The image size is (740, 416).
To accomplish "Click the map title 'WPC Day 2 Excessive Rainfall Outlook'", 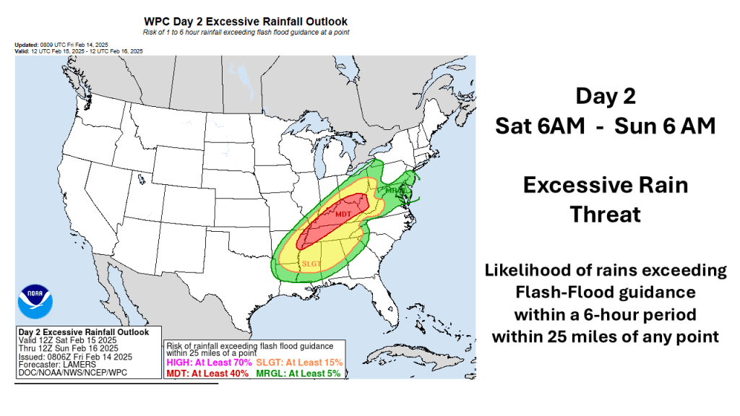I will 246,22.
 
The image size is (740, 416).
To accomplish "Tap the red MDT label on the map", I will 343,214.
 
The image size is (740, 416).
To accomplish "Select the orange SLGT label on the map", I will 311,263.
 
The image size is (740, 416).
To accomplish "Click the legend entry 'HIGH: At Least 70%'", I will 208,362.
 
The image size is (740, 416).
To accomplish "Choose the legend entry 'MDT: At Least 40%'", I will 207,373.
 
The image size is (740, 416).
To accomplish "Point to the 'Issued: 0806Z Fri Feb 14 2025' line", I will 74,357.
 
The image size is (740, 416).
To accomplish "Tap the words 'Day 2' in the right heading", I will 606,96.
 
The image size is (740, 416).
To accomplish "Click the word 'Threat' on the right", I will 606,214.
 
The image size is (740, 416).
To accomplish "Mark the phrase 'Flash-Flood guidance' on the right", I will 605,292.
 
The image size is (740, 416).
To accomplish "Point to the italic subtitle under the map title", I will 246,33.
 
